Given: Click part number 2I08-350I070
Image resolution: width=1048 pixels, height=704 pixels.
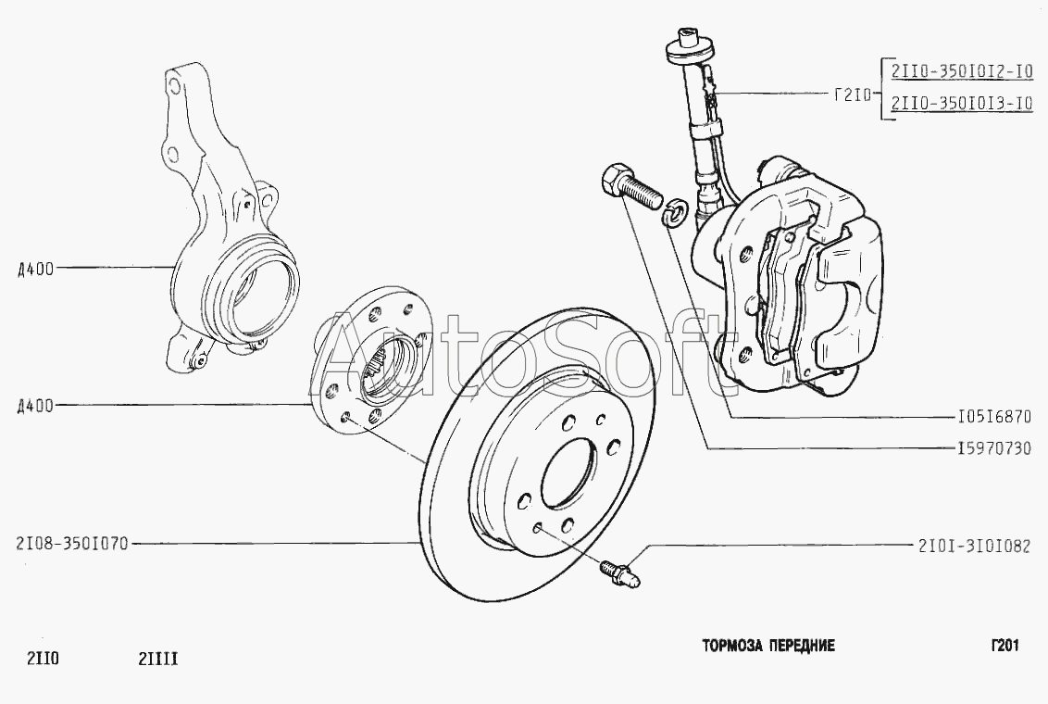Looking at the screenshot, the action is [72, 544].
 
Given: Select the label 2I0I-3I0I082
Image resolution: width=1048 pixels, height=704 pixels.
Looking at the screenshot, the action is [975, 547].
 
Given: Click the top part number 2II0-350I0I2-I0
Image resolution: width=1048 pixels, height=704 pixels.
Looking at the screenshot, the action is [962, 71].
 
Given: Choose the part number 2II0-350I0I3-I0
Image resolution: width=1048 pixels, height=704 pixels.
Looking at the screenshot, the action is [962, 103].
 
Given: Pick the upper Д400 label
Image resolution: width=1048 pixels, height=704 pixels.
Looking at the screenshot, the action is [35, 269].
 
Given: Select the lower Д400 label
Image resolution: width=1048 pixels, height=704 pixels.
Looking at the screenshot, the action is [35, 405].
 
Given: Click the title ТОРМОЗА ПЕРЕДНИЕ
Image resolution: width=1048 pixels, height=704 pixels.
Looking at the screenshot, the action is [768, 645].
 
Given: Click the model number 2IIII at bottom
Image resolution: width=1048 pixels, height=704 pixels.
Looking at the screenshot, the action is [157, 660].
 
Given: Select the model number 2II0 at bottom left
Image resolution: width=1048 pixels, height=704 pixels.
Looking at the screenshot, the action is [43, 660].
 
